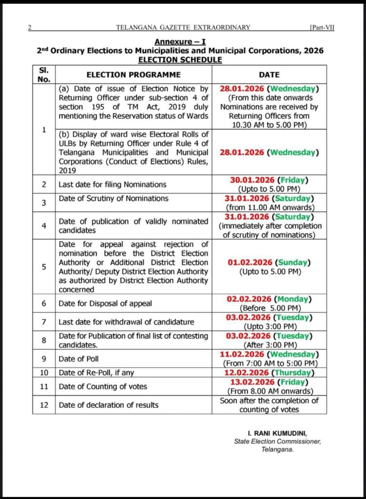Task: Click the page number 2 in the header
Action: tap(30, 28)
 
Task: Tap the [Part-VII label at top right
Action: tap(322, 28)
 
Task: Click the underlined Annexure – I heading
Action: tap(180, 42)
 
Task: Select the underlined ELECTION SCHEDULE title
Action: tap(180, 59)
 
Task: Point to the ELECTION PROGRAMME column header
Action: tap(133, 75)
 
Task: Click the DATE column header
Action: tap(269, 75)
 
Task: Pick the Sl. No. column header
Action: tap(44, 75)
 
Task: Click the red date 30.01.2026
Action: tap(250, 180)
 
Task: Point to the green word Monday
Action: tap(293, 299)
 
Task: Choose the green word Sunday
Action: tap(292, 262)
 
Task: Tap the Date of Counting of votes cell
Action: tap(103, 386)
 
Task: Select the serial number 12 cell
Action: tap(44, 405)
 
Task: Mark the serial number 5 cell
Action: tap(44, 267)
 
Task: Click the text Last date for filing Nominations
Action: tap(113, 184)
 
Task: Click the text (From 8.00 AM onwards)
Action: tap(270, 391)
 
